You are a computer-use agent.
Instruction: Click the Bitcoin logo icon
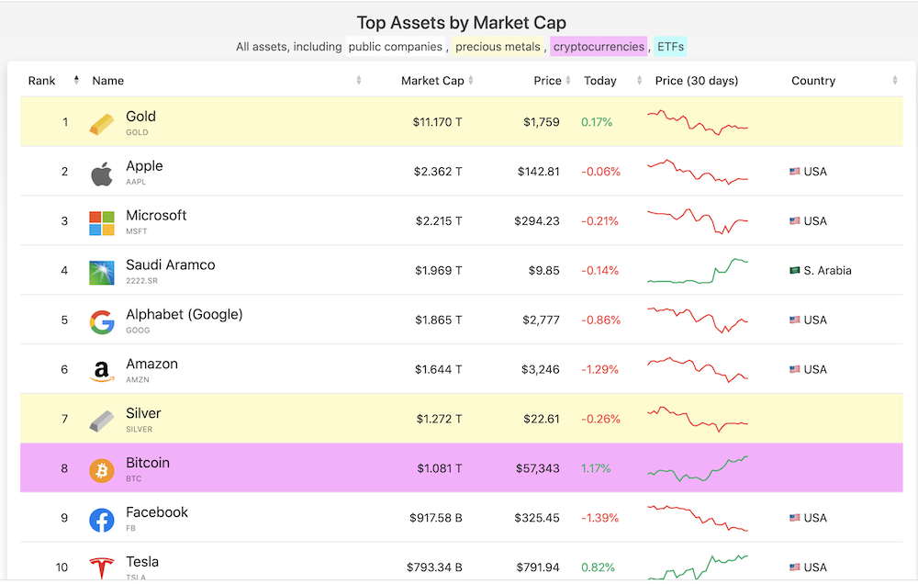tap(102, 470)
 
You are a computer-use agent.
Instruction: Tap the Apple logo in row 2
tap(102, 174)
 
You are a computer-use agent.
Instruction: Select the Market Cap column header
tap(432, 81)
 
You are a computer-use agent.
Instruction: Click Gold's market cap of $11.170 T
tap(437, 122)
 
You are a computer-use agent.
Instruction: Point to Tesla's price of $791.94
tap(537, 567)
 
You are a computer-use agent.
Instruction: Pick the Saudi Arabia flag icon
tap(794, 270)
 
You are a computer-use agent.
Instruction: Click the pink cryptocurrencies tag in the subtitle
tap(599, 46)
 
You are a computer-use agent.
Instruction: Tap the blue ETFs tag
tap(670, 46)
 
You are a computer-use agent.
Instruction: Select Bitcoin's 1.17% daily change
tap(596, 468)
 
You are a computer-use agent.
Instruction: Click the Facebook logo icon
tap(102, 520)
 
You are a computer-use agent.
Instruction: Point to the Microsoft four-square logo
tap(102, 223)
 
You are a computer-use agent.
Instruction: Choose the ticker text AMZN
tap(138, 379)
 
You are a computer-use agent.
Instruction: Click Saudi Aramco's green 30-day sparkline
tap(698, 271)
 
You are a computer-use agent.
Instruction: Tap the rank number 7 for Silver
tap(64, 419)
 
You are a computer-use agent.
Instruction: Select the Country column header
tap(813, 81)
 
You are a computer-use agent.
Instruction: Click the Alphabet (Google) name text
tap(185, 315)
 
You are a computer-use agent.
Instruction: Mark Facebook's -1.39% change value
tap(599, 518)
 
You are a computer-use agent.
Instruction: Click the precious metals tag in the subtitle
tap(498, 46)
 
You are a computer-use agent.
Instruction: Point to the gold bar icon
tap(102, 124)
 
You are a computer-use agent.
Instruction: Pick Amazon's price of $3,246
tap(541, 370)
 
